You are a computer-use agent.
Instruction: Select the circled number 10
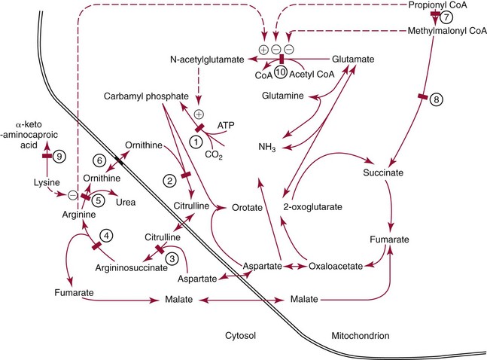[x=280, y=72]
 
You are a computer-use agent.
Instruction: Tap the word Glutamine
[x=283, y=96]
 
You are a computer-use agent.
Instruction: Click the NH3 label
[x=269, y=147]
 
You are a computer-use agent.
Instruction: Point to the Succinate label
[x=385, y=172]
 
